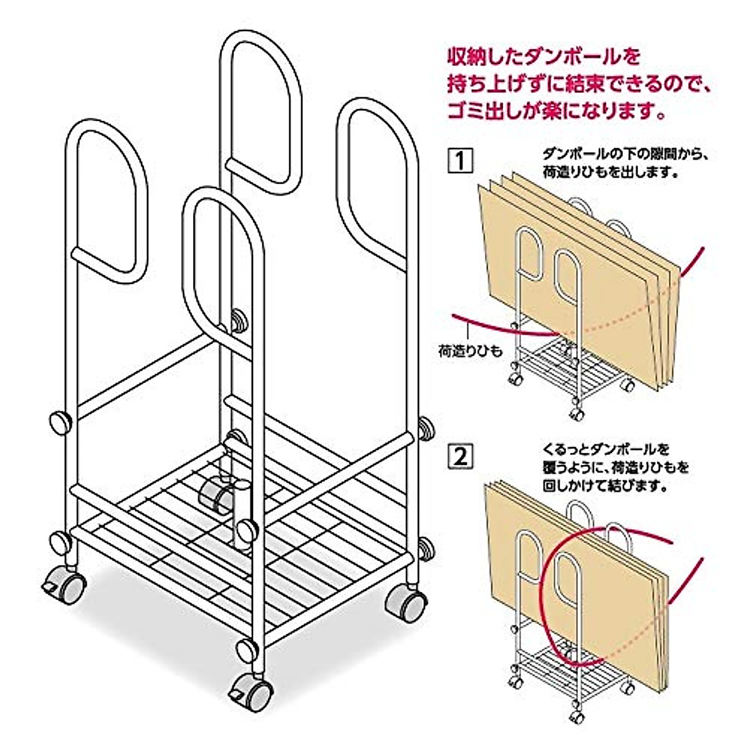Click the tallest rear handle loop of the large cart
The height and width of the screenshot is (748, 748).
[x=261, y=112]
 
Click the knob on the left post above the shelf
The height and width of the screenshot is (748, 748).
[x=60, y=422]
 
